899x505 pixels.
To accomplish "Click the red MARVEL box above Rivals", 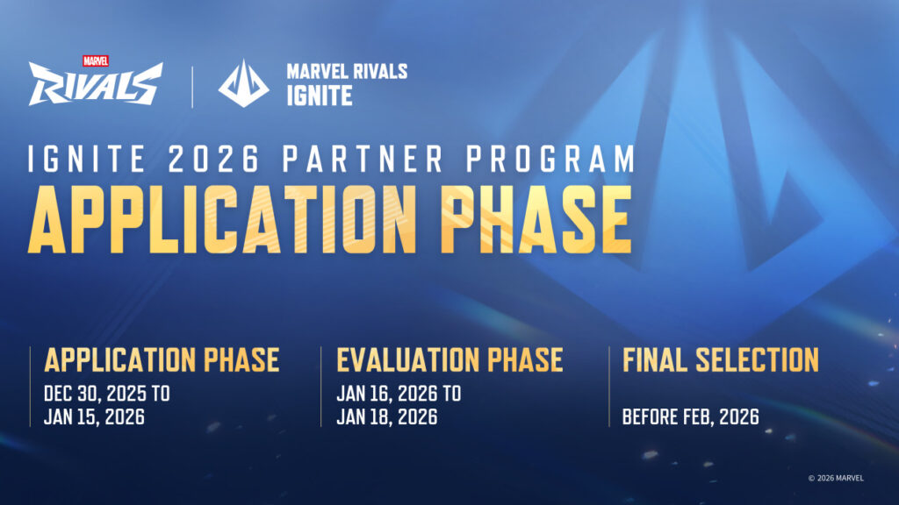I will [95, 61].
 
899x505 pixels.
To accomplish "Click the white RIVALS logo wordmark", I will [95, 85].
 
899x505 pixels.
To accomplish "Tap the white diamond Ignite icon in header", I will [243, 83].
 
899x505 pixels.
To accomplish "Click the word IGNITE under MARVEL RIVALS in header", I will [319, 96].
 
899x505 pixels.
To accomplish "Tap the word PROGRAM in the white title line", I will [547, 160].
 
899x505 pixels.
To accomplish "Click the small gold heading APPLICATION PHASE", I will [162, 359].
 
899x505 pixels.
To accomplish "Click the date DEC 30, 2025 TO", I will [106, 394].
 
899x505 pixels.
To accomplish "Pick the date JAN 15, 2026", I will [94, 417].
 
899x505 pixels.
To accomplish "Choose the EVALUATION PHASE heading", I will [449, 359].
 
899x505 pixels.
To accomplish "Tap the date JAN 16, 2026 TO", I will [399, 394].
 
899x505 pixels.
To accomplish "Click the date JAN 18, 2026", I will [386, 417].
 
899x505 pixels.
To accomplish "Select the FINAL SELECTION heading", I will [720, 359].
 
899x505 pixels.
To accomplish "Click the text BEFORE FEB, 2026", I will [691, 417].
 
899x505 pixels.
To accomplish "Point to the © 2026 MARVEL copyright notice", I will [835, 478].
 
